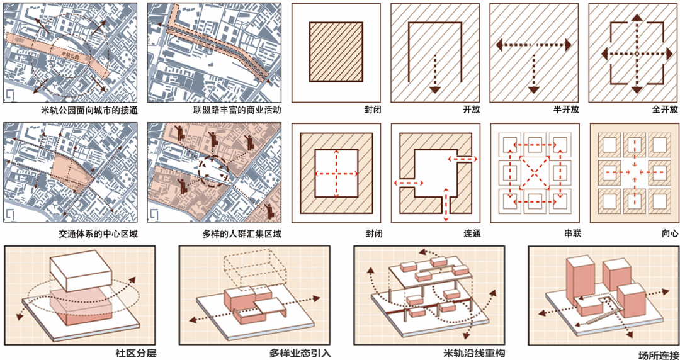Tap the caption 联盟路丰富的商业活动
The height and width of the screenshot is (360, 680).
(236, 110)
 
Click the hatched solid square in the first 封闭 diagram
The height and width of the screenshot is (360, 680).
(336, 52)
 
